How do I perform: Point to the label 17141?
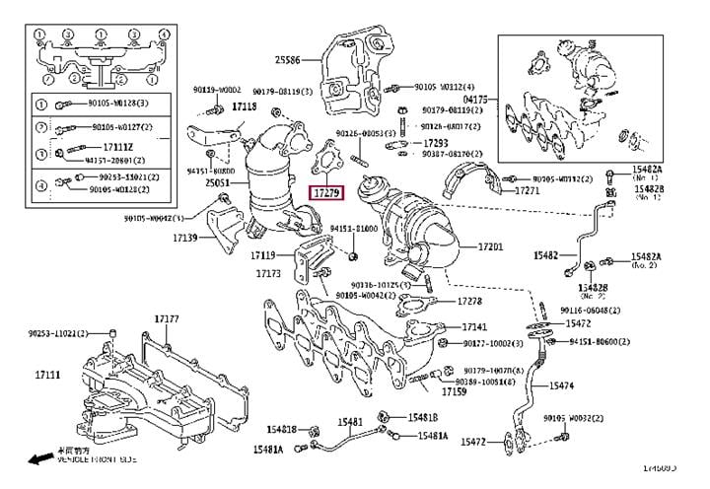coord(476,326)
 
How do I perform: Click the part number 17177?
coord(166,319)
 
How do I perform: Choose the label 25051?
coord(219,183)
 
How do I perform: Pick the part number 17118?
coord(244,105)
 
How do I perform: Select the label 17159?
coord(454,392)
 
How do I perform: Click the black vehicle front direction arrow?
coord(40,459)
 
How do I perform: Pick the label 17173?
coord(268,273)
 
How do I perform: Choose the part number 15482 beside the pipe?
coord(546,254)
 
